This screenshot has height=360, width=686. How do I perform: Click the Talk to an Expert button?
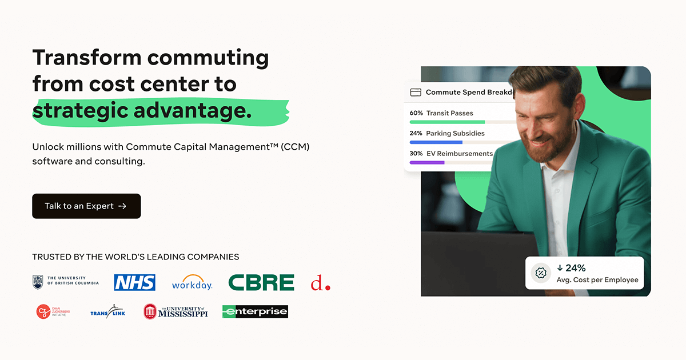[86, 206]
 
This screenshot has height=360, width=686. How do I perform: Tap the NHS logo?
[134, 282]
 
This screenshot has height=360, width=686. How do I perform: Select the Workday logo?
[192, 282]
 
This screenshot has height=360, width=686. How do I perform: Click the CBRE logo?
[261, 282]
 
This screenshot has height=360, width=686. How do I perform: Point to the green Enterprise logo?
[255, 311]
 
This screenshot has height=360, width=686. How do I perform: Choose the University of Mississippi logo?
[176, 311]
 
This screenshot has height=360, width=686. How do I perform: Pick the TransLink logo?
[107, 311]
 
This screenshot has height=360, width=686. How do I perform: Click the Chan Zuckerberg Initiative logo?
[52, 311]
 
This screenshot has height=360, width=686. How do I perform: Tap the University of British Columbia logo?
[66, 282]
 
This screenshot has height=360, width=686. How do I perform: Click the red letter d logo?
[320, 283]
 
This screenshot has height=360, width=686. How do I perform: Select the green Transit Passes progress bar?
[447, 122]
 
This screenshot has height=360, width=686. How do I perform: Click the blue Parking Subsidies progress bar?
[436, 142]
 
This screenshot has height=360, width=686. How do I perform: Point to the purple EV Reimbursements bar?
[427, 162]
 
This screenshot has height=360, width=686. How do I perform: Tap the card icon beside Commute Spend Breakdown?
[416, 93]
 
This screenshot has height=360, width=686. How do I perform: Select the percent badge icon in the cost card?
[541, 273]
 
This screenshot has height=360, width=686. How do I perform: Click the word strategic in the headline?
[79, 110]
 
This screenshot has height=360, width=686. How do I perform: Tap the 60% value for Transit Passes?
[416, 113]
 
